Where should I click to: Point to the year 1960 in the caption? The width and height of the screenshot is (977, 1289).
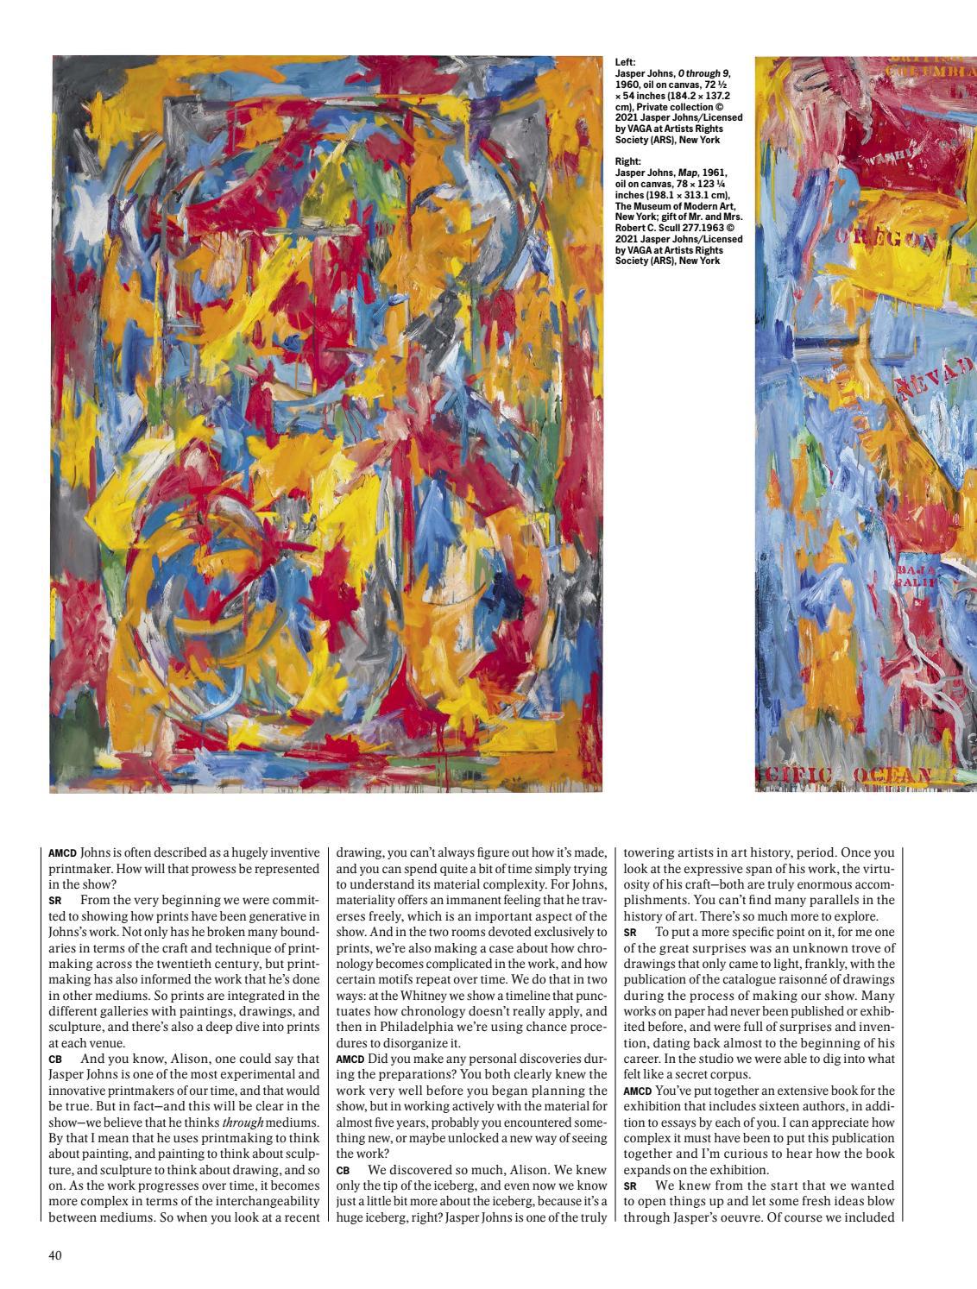pyautogui.click(x=627, y=85)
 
